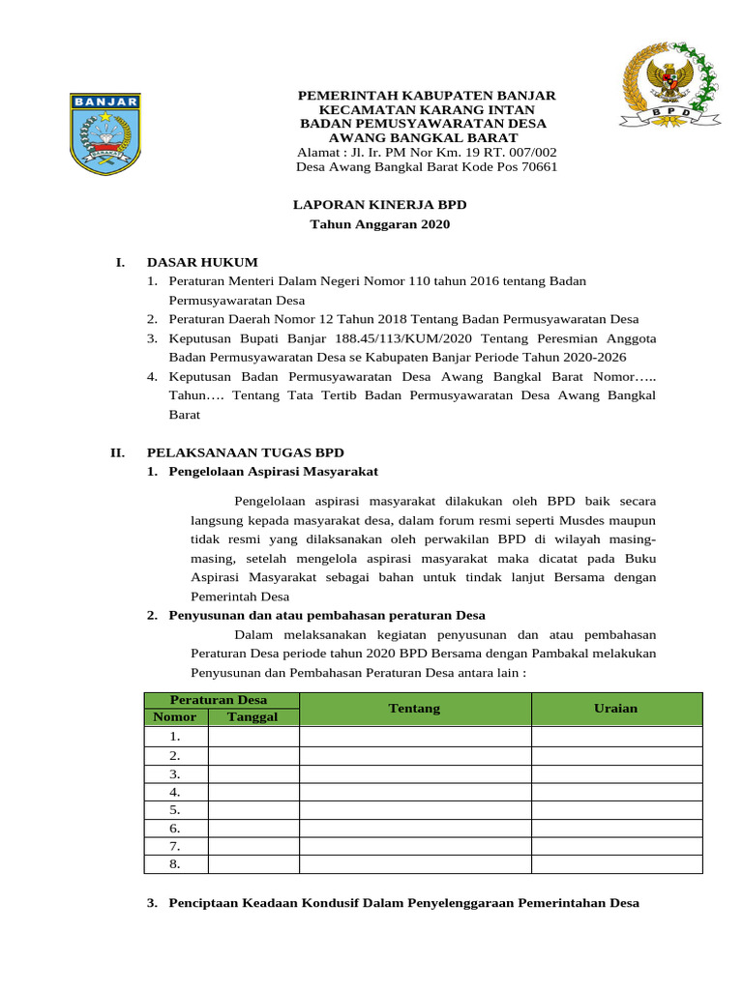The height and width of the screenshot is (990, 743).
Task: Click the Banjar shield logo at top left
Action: coord(105,133)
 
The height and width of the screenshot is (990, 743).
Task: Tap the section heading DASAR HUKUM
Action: coord(202,262)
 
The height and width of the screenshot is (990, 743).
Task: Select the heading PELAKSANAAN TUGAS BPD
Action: coord(245,452)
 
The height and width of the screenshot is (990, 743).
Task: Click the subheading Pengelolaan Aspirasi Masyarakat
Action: coord(273,471)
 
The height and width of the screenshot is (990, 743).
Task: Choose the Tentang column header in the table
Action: coord(414,709)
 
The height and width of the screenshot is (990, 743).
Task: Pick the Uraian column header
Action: coord(615,709)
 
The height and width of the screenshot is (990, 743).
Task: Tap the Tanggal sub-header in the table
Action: coord(252,716)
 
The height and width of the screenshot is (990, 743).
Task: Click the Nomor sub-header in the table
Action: coord(174,716)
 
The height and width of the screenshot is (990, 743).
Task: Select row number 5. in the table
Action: coord(174,810)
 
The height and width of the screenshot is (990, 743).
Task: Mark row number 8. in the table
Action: coord(174,864)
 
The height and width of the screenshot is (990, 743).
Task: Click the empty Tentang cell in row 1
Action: coord(414,737)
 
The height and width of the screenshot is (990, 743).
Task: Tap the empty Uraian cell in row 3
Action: coord(615,773)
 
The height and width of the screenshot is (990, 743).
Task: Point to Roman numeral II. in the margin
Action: coord(118,452)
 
